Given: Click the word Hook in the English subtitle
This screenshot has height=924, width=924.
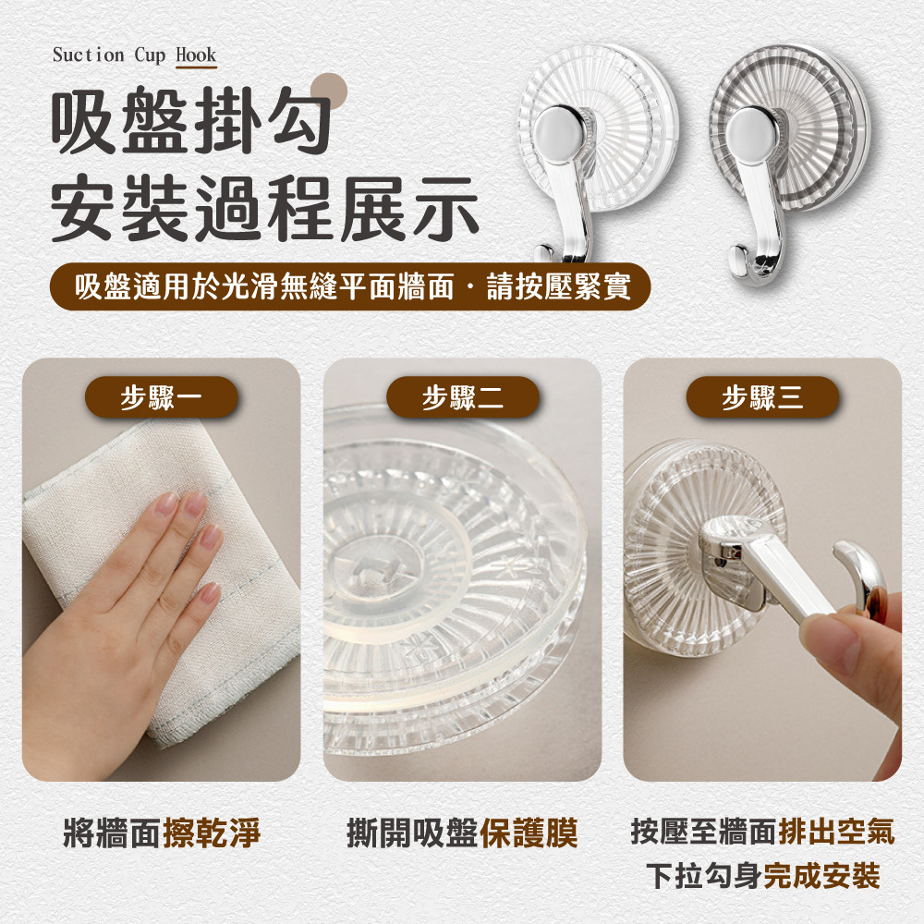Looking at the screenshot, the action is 196,55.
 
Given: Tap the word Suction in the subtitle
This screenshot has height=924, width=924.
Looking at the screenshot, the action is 89,55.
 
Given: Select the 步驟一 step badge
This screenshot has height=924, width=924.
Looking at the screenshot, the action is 161,397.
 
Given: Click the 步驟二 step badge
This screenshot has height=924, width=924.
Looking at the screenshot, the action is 463,397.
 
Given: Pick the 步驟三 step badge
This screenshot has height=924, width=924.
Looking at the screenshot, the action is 762,397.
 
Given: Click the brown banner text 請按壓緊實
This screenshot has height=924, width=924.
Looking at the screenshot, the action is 559,287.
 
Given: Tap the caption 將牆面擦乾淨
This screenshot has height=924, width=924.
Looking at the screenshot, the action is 162,833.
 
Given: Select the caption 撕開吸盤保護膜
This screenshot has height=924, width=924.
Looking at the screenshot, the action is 463,833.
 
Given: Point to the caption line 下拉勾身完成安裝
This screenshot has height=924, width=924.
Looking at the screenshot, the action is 763,876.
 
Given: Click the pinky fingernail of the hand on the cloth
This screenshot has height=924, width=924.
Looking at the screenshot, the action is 209,593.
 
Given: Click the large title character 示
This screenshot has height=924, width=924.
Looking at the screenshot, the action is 445,208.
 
